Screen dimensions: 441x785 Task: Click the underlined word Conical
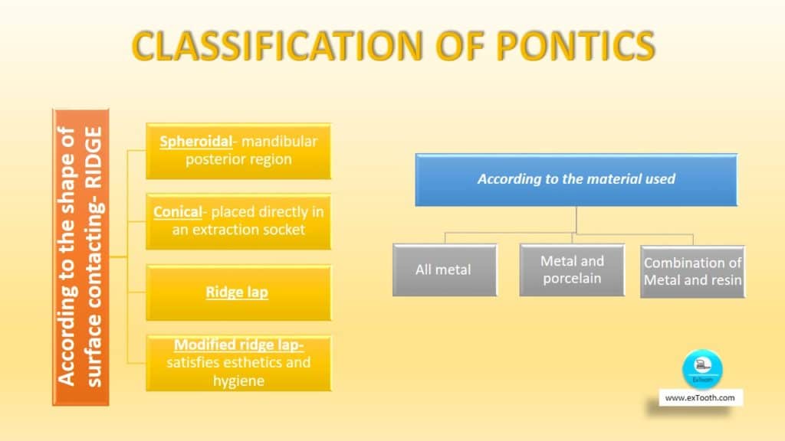pyautogui.click(x=177, y=211)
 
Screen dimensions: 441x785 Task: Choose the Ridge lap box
pyautogui.click(x=238, y=292)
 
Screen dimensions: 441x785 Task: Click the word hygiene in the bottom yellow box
pyautogui.click(x=238, y=380)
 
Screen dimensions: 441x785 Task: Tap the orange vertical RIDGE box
pyautogui.click(x=80, y=257)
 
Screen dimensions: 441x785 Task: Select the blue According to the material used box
pyautogui.click(x=576, y=179)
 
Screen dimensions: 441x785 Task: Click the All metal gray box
pyautogui.click(x=442, y=269)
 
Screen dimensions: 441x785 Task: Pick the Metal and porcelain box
pyautogui.click(x=572, y=269)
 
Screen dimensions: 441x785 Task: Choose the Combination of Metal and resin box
pyautogui.click(x=692, y=271)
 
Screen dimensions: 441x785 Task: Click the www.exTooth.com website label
pyautogui.click(x=700, y=397)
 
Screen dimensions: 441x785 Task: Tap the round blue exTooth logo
pyautogui.click(x=702, y=368)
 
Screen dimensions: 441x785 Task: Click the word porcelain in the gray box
pyautogui.click(x=572, y=278)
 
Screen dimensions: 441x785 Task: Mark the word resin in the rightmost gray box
pyautogui.click(x=725, y=280)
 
